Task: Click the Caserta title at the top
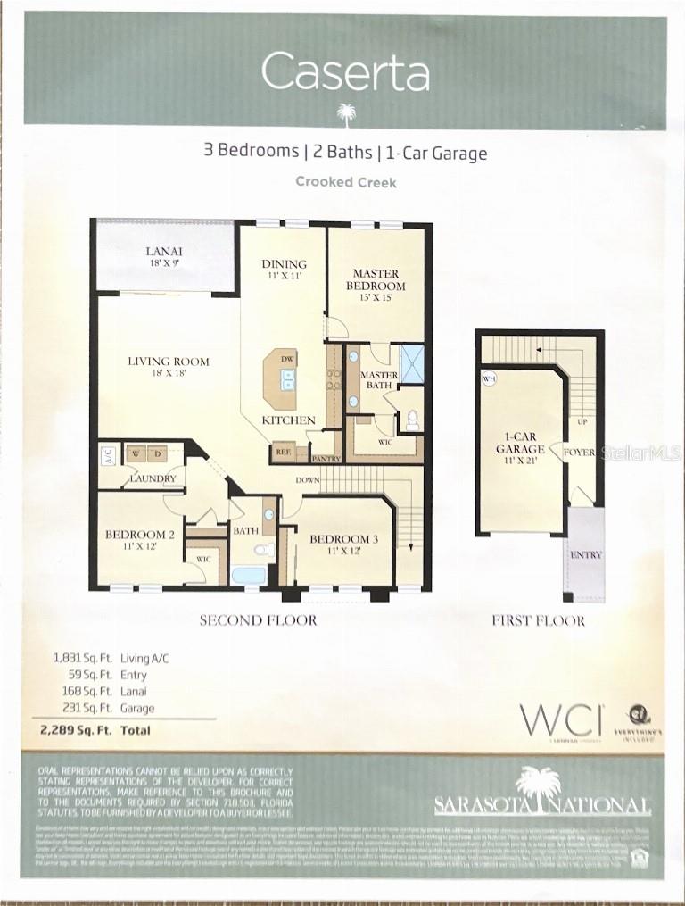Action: coord(345,72)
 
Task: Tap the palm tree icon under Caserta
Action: coord(345,112)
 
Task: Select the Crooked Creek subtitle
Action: coord(345,181)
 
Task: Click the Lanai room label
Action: coord(164,257)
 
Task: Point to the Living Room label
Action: coord(169,367)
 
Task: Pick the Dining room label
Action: coord(284,270)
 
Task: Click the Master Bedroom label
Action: coord(376,279)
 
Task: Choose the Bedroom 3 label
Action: coord(344,544)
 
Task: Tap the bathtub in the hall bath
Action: coord(248,574)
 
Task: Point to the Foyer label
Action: coord(579,453)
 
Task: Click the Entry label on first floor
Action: coord(585,555)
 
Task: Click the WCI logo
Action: coord(561,719)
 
